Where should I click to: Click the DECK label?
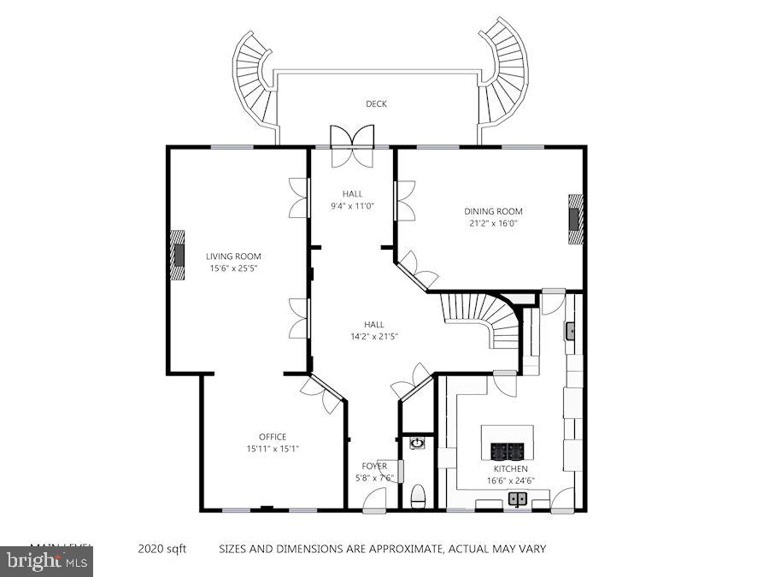tap(376, 104)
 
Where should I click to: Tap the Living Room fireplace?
tap(177, 255)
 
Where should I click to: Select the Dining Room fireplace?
tap(577, 219)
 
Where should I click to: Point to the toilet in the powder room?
tap(418, 496)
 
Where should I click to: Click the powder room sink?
tap(417, 443)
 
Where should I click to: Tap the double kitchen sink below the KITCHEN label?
tap(517, 499)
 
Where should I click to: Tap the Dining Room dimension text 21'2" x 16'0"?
tap(493, 223)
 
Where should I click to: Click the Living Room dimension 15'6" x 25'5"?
tap(233, 268)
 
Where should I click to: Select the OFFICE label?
tap(273, 437)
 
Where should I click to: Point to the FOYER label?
tap(374, 466)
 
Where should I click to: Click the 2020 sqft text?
tap(161, 549)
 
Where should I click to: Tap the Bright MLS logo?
tap(46, 562)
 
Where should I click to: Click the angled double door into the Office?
tap(321, 393)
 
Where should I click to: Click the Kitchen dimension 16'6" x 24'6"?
tap(510, 480)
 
